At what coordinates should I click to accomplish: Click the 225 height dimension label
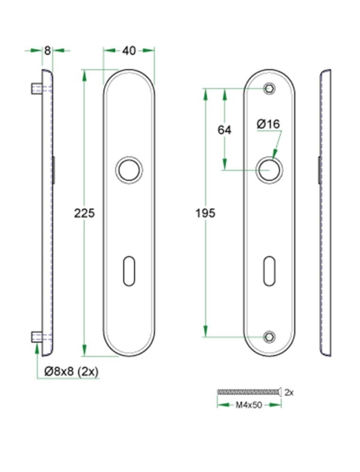(x=85, y=212)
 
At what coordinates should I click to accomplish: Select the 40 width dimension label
(x=128, y=51)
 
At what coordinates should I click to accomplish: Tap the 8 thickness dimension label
(x=47, y=51)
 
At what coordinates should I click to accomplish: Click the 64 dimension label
(x=224, y=130)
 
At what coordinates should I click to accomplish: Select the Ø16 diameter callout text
(x=268, y=124)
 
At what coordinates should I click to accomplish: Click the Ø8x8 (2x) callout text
(x=71, y=372)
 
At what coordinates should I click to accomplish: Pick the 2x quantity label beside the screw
(x=289, y=392)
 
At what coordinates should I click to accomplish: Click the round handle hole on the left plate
(x=128, y=169)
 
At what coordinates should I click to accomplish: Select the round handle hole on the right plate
(x=268, y=169)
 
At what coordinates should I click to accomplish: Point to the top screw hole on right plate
(x=269, y=89)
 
